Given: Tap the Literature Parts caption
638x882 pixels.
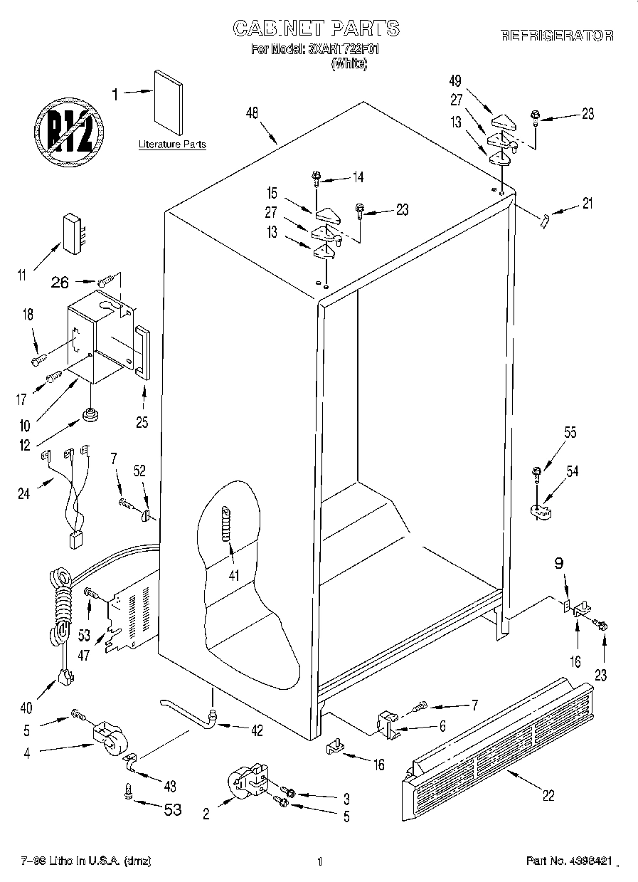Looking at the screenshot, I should pos(172,145).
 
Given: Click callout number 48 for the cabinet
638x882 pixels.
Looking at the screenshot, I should pos(251,112).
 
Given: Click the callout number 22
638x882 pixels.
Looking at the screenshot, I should pos(548,796).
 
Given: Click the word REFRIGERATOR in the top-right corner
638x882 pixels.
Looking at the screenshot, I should pos(557,35).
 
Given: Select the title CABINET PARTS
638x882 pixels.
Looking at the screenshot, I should pos(317,28).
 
